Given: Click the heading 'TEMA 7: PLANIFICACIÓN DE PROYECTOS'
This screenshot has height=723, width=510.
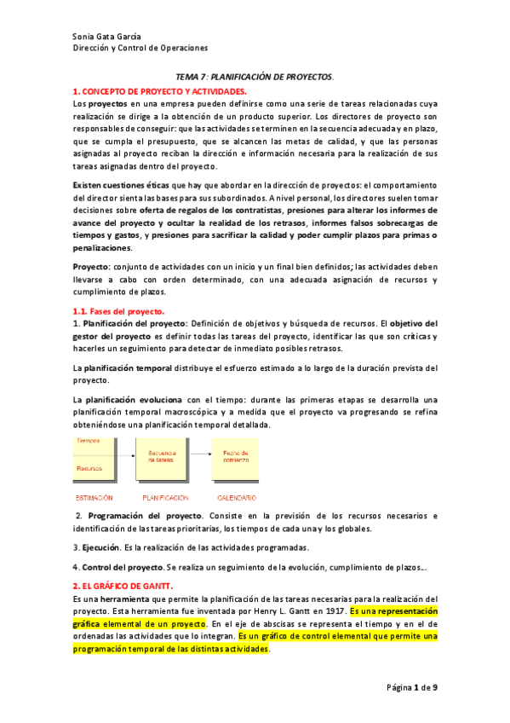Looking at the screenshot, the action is (255, 76).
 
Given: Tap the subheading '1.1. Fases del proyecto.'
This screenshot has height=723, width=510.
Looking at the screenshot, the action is (118, 311).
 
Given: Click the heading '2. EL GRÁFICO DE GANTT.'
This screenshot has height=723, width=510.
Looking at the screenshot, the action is (123, 585).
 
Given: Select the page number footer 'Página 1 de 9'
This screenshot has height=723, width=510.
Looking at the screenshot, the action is (412, 687).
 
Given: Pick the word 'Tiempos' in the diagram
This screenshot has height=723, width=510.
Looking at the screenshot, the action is (89, 441).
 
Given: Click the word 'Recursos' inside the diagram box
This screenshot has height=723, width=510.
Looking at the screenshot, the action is (91, 468).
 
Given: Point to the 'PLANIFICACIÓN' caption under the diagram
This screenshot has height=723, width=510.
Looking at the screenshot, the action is (165, 496).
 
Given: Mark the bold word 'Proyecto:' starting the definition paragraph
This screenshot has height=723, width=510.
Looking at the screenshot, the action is (95, 266).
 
